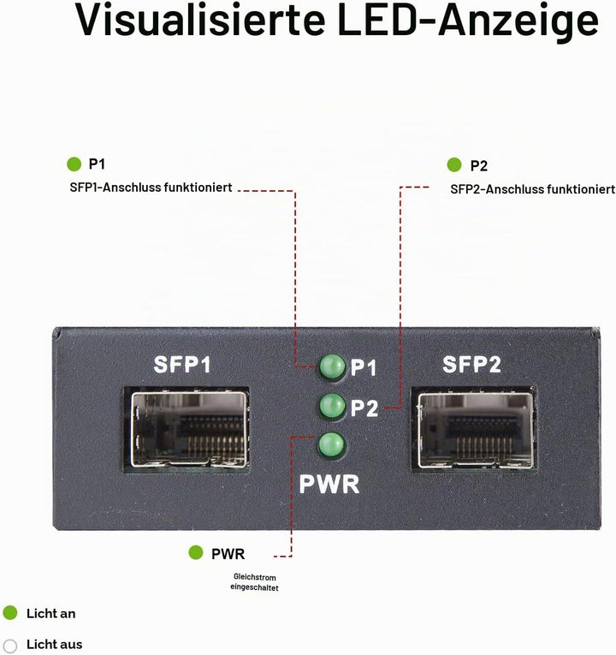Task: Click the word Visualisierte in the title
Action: [x=200, y=19]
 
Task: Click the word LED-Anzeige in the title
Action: [x=468, y=21]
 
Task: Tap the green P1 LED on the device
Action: [x=332, y=366]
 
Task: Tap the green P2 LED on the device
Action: [x=332, y=405]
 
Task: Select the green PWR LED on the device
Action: [x=331, y=444]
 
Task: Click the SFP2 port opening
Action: [x=474, y=430]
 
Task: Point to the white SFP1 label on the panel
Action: [x=182, y=364]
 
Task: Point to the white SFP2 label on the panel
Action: [x=471, y=364]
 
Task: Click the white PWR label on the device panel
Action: [x=329, y=484]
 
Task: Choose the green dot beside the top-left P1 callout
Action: [x=74, y=164]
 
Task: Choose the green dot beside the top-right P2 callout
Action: [x=454, y=165]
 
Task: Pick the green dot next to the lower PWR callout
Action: [x=196, y=552]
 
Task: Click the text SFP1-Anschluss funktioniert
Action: [x=151, y=188]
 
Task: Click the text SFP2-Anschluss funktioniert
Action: [x=532, y=189]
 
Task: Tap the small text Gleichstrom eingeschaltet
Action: [x=254, y=582]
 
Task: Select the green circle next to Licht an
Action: [x=10, y=613]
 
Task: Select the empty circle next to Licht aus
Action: [x=10, y=646]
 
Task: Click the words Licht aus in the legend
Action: [x=54, y=645]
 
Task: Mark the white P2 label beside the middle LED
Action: [x=364, y=408]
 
